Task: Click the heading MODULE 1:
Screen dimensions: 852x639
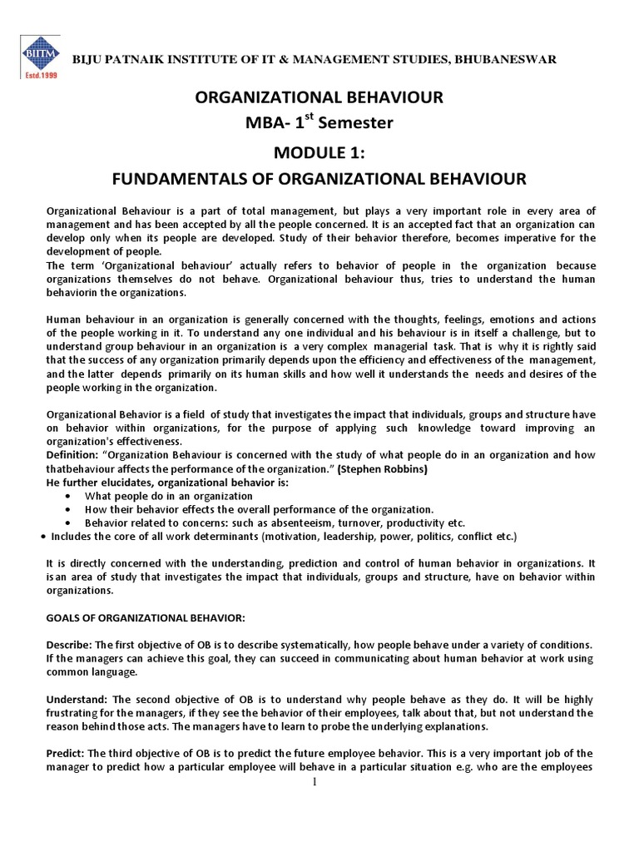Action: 319,153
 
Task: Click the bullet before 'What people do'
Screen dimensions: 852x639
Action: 67,496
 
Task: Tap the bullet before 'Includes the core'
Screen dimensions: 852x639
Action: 42,536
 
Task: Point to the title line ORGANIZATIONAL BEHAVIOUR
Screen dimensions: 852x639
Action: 319,98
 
